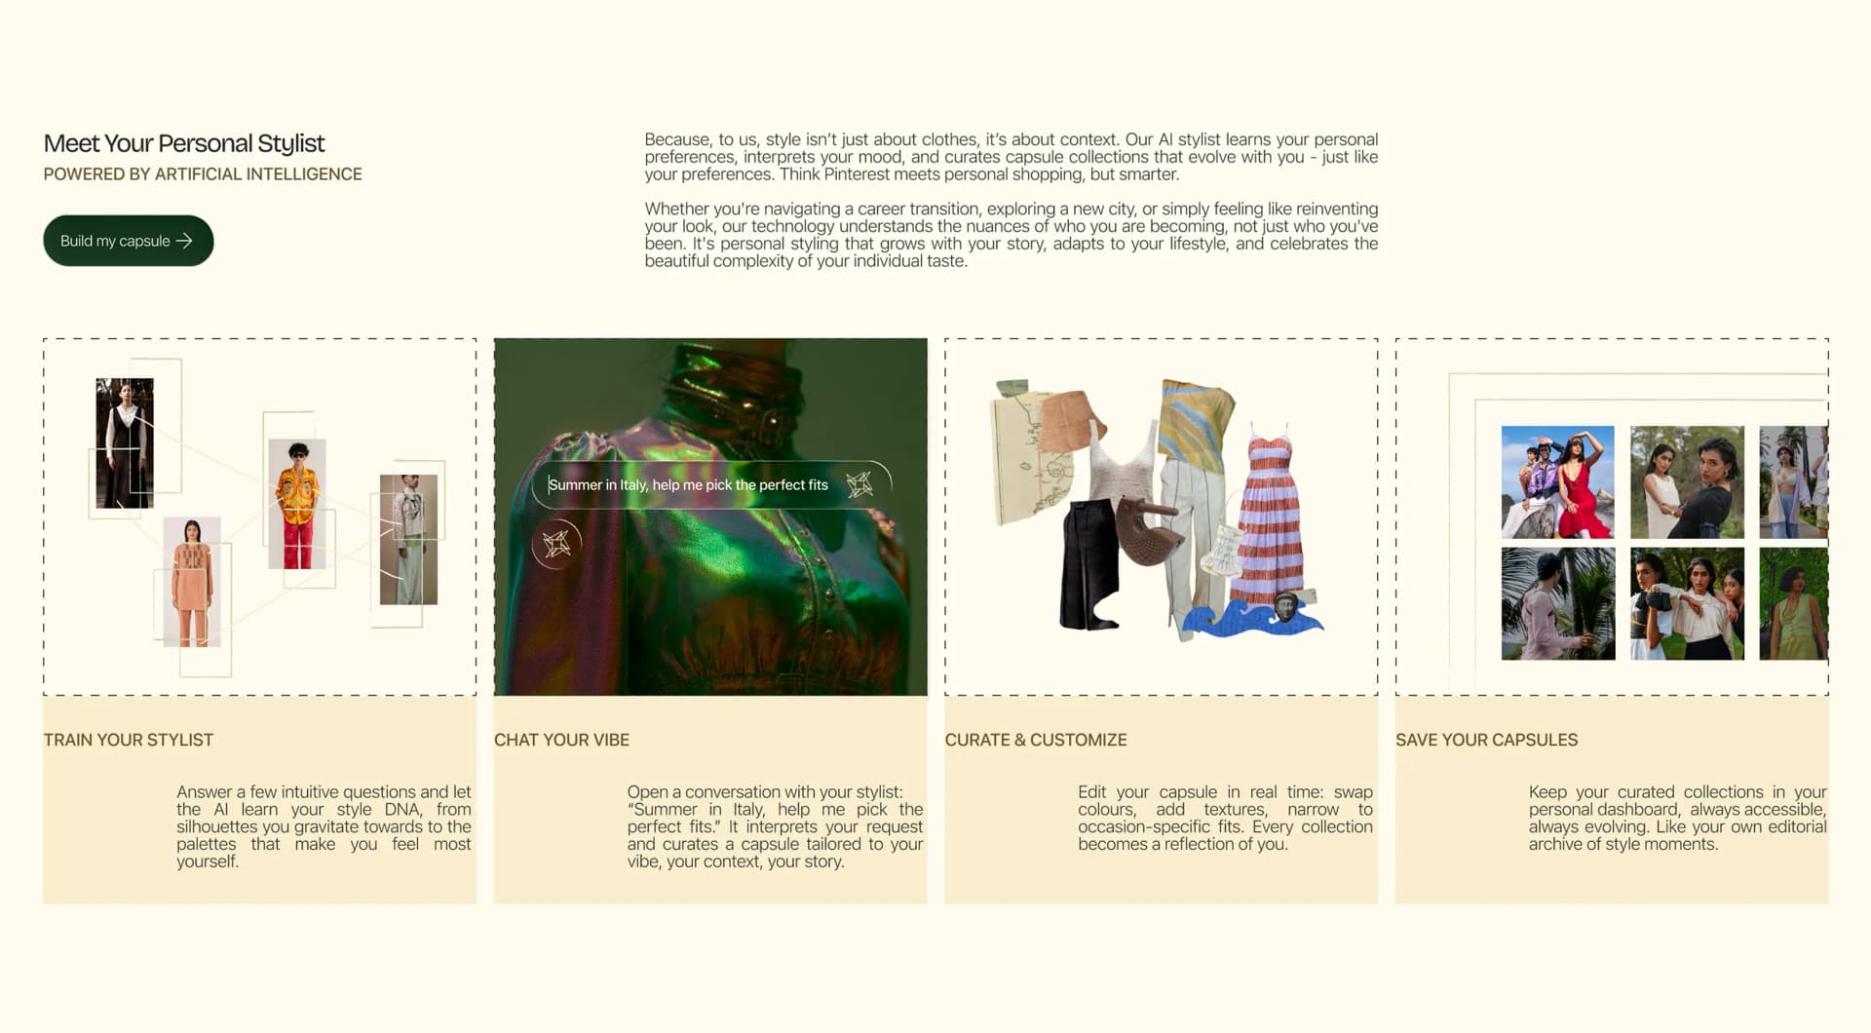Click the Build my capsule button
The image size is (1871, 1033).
pyautogui.click(x=128, y=241)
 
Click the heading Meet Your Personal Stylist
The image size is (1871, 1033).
pyautogui.click(x=184, y=143)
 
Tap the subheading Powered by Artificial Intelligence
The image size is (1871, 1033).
pyautogui.click(x=203, y=174)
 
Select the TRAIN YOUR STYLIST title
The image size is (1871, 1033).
pyautogui.click(x=129, y=740)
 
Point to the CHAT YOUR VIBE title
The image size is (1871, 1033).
pyautogui.click(x=561, y=740)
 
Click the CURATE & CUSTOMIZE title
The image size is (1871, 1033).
pyautogui.click(x=1036, y=740)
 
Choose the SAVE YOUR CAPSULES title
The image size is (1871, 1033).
pyautogui.click(x=1486, y=740)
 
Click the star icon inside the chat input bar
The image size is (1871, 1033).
pyautogui.click(x=859, y=484)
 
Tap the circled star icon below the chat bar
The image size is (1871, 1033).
pyautogui.click(x=556, y=543)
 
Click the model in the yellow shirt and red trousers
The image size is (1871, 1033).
pyautogui.click(x=297, y=504)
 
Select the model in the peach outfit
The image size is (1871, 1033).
pyautogui.click(x=192, y=582)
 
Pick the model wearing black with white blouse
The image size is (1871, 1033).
pyautogui.click(x=125, y=443)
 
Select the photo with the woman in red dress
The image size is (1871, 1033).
pyautogui.click(x=1557, y=482)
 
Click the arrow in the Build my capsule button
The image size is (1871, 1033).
pyautogui.click(x=184, y=241)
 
